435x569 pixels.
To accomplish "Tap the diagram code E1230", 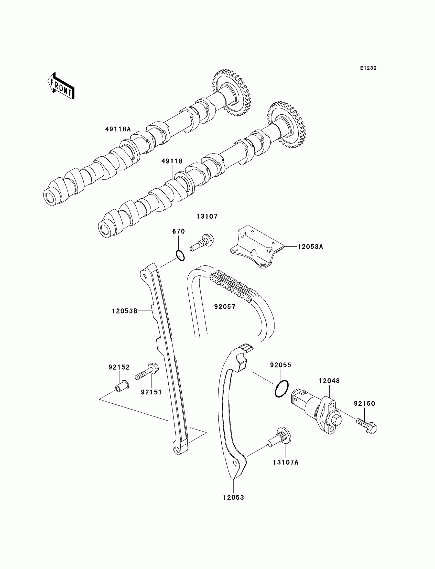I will pyautogui.click(x=368, y=68).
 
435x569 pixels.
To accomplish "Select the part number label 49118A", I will pyautogui.click(x=118, y=129).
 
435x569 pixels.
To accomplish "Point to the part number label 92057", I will pyautogui.click(x=225, y=307).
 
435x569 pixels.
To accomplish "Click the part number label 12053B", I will pyautogui.click(x=125, y=311).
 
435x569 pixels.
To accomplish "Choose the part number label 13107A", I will pyautogui.click(x=286, y=462).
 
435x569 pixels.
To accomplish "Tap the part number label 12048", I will pyautogui.click(x=329, y=381).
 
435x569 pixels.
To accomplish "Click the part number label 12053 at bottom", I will pyautogui.click(x=234, y=498).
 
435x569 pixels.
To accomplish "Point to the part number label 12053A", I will pyautogui.click(x=310, y=247).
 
